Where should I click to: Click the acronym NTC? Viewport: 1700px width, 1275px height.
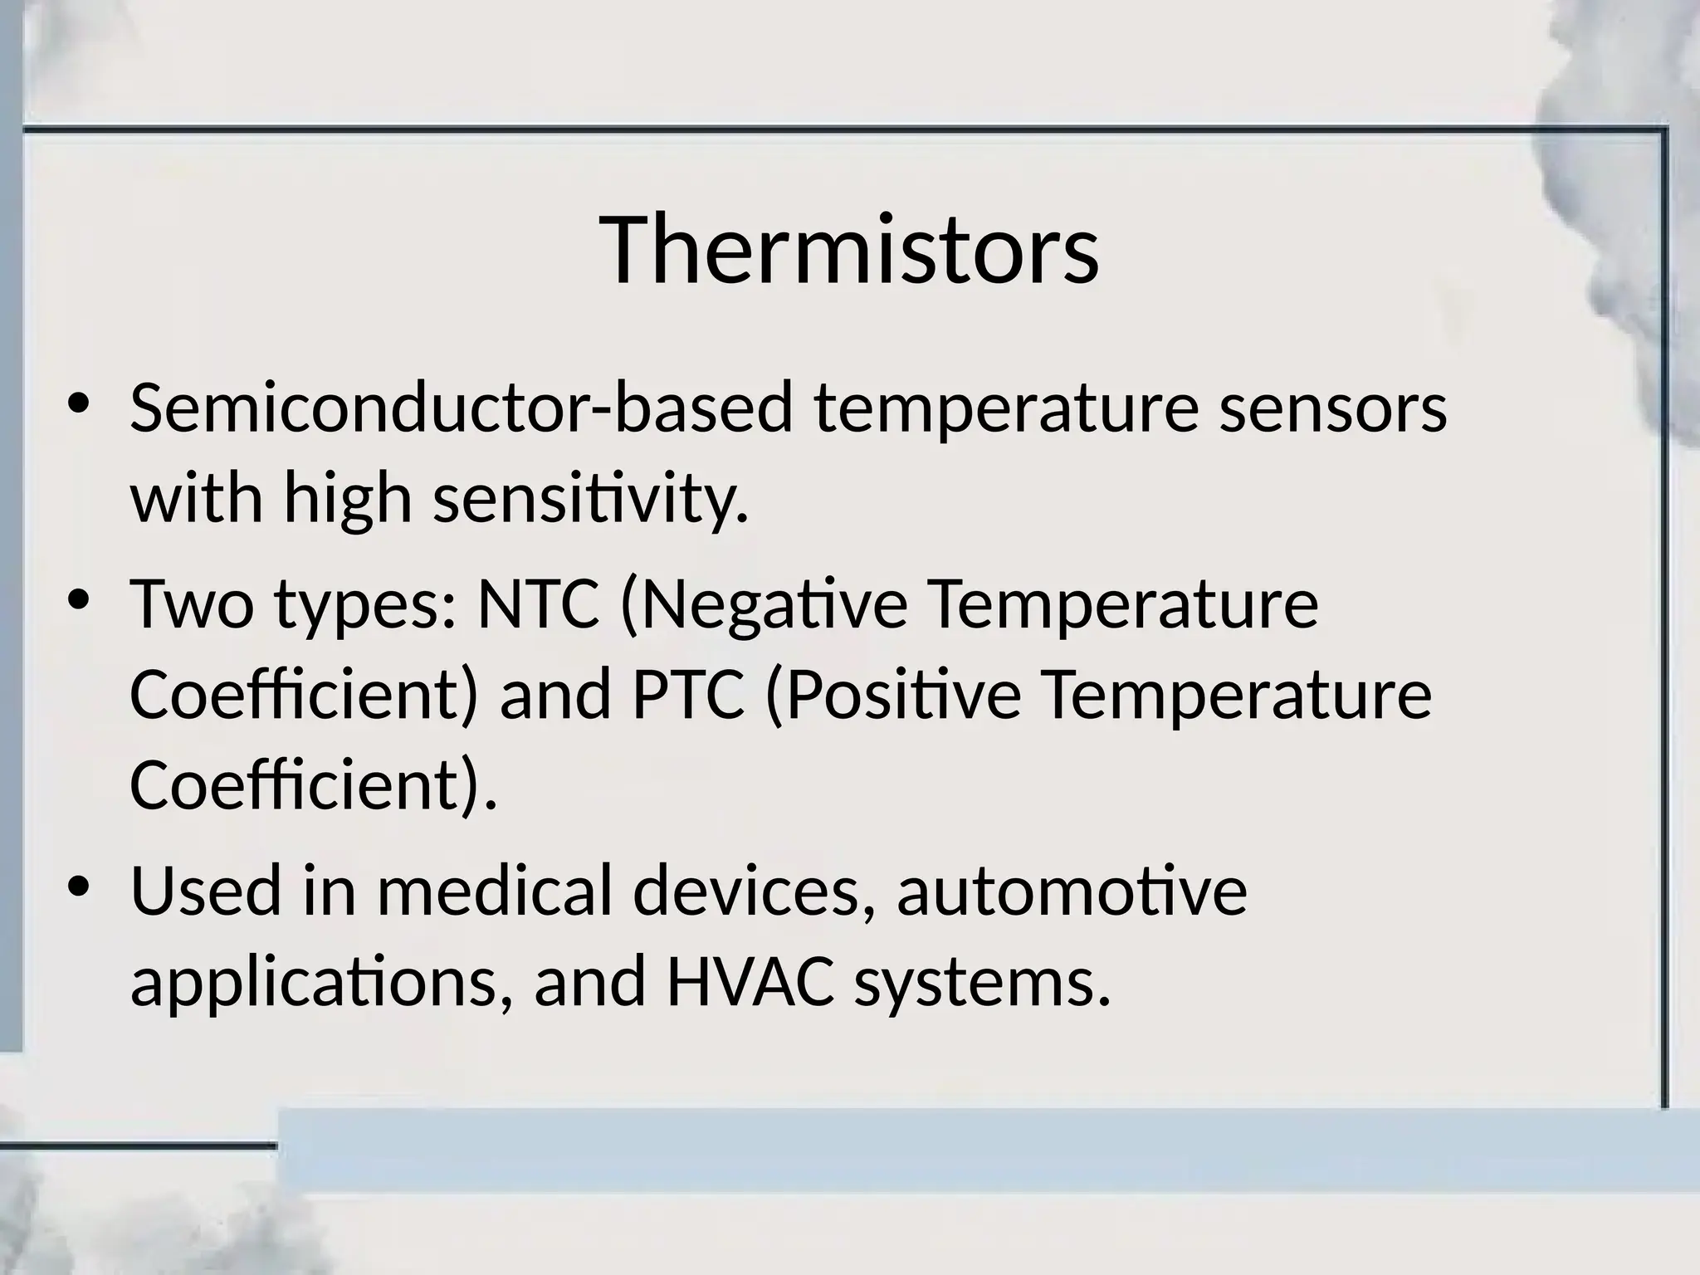(537, 603)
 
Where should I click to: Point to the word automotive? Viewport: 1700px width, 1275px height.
(1072, 891)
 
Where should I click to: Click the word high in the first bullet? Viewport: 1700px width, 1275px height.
(348, 500)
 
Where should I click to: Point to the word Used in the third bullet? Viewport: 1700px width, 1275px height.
(206, 891)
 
